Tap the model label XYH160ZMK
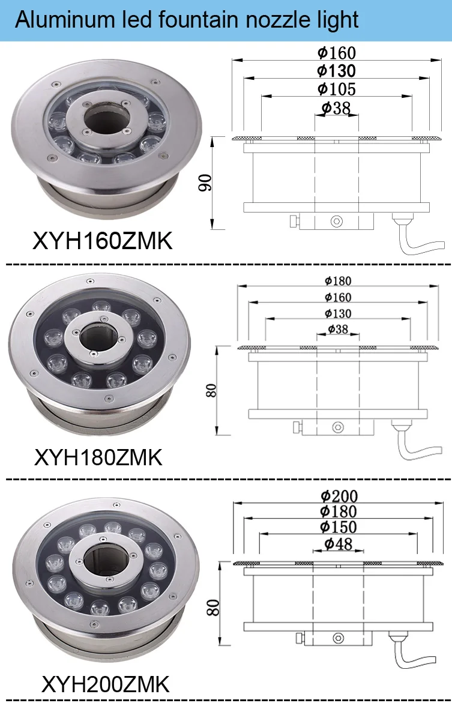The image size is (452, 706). click(102, 241)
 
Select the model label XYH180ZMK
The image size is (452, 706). click(98, 457)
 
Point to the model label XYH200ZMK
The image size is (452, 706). click(106, 684)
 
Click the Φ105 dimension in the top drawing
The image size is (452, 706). click(337, 89)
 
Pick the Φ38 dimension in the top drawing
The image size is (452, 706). click(336, 107)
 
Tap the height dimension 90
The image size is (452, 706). click(205, 183)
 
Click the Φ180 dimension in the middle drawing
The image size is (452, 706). click(337, 281)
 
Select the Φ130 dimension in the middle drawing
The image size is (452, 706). click(337, 313)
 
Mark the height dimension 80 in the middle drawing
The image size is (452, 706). click(211, 390)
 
